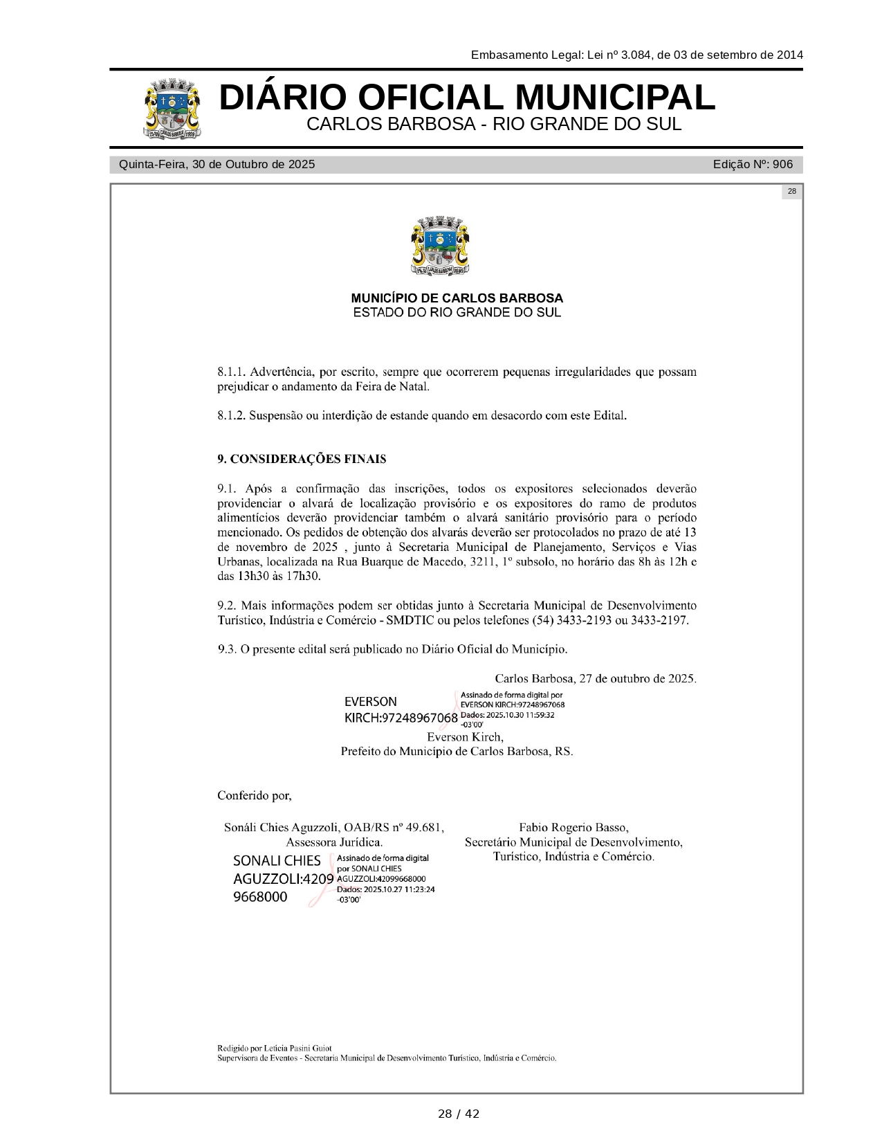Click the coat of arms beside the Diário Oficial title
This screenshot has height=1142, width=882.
(173, 109)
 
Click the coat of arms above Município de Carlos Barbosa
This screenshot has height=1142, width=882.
(440, 246)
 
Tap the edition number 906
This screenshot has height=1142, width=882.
(782, 165)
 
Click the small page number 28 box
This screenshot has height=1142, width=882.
(791, 192)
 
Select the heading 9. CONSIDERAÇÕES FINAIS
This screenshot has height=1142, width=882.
(302, 459)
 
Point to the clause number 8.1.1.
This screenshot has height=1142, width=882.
(231, 372)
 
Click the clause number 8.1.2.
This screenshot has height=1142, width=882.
(231, 416)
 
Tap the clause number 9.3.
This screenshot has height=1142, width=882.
(227, 649)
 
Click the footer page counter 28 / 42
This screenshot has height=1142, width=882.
(458, 1114)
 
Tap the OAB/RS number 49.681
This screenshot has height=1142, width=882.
(425, 827)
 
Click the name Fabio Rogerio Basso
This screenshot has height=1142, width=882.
(573, 827)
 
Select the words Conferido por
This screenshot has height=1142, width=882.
(254, 795)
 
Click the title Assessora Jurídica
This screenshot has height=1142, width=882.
(334, 842)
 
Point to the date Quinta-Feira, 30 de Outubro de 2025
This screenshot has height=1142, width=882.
(217, 165)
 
